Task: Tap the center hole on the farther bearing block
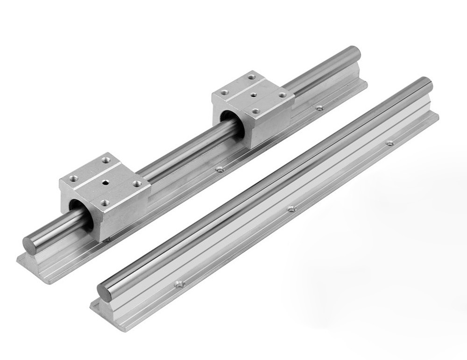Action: (253, 95)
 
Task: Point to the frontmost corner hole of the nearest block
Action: (104, 202)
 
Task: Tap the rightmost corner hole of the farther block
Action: (283, 95)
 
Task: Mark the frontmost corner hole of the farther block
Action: (255, 111)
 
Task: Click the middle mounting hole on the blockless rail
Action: (292, 209)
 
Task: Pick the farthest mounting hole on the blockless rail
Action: (389, 143)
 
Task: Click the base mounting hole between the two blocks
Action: (218, 169)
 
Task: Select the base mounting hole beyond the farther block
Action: (319, 108)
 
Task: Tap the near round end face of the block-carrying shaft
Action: (31, 245)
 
